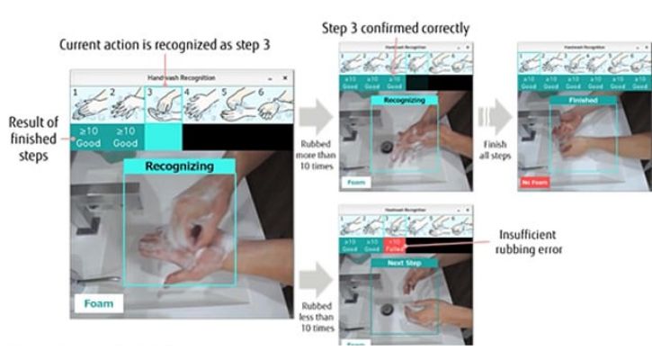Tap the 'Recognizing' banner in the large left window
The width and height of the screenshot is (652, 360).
point(180,166)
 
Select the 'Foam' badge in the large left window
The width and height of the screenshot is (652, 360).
point(99,303)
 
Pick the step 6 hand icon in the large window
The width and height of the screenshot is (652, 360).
point(272,103)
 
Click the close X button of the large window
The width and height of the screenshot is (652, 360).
point(285,78)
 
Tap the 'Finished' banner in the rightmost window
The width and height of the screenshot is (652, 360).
point(580,101)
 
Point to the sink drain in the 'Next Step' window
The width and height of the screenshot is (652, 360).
point(387,309)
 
